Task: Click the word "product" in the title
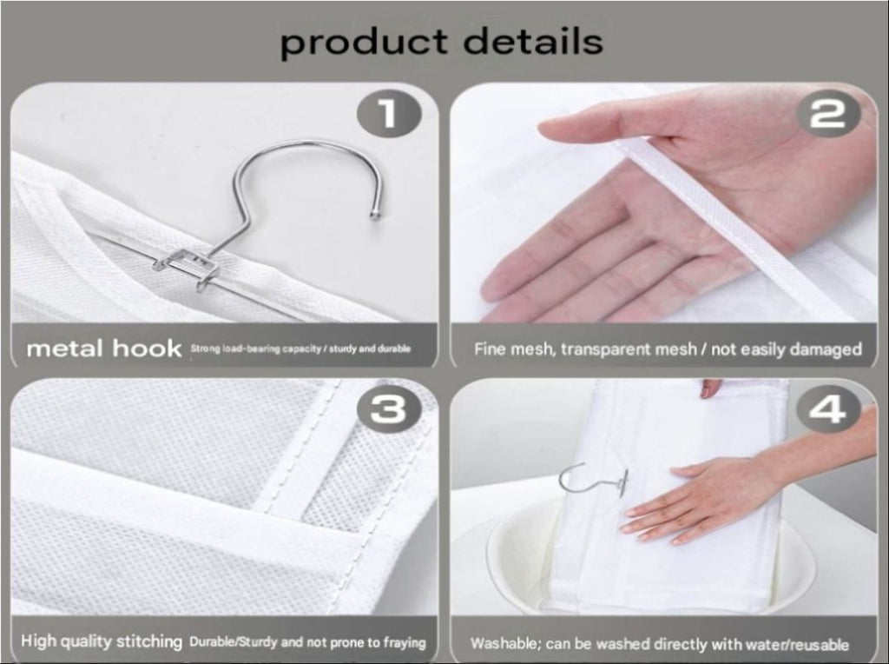pos(364,42)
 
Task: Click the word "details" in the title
pos(533,40)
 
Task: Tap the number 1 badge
pos(389,114)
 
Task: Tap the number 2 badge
pos(829,114)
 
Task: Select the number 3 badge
pos(389,408)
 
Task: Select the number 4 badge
pos(827,408)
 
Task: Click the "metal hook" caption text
pos(104,348)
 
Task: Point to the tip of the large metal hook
pos(375,215)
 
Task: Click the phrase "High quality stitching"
pos(102,641)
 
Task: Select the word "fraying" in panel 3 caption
pos(405,642)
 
